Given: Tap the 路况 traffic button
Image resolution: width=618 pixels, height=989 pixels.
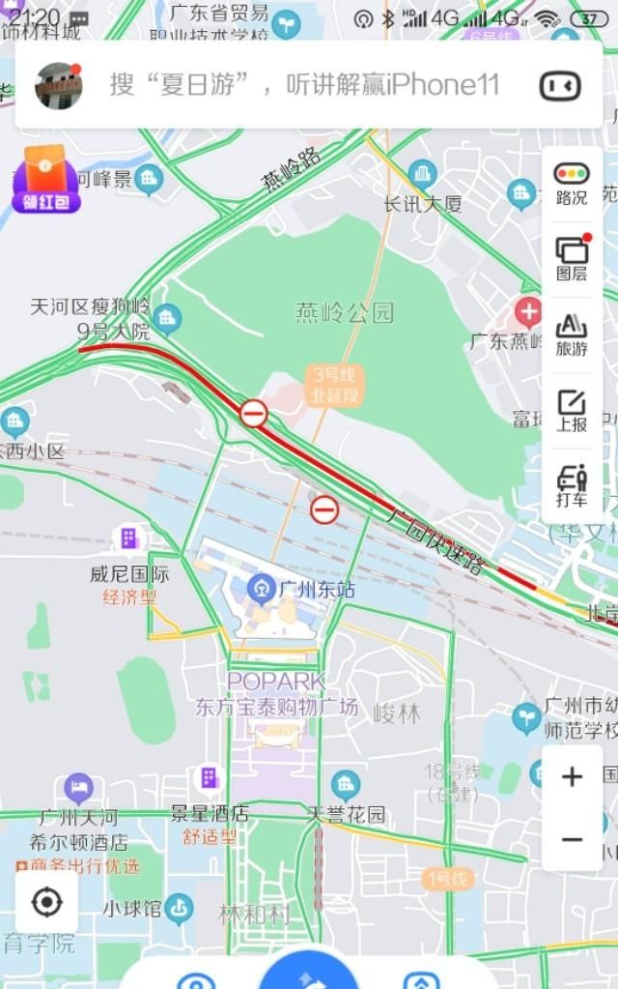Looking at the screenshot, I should click(572, 183).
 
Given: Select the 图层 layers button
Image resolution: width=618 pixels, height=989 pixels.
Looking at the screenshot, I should click(572, 257).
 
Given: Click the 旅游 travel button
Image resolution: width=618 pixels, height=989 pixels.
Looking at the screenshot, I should click(572, 334).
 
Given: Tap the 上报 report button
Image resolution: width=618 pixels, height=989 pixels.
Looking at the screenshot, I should click(572, 409).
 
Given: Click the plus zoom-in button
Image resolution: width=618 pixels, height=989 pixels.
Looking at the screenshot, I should click(572, 776).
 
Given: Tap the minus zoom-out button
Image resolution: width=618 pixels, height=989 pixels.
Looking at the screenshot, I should click(572, 839).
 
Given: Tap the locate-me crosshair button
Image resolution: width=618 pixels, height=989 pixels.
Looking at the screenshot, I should click(46, 903).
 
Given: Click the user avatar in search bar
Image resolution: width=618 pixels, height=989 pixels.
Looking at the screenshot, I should click(58, 85).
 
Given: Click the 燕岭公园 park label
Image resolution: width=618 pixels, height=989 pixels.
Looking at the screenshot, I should click(345, 312).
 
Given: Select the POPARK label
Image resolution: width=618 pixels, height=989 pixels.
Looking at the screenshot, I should click(276, 682).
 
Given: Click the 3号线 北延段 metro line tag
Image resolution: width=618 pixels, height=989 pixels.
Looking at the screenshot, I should click(334, 385).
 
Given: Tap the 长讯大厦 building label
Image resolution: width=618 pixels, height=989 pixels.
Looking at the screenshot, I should click(423, 204).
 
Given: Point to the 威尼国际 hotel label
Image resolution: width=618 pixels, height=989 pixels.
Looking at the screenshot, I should click(129, 573).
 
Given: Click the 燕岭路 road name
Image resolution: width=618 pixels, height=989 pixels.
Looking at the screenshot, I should click(291, 171).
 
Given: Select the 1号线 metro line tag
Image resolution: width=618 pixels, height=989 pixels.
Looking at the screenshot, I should click(448, 879).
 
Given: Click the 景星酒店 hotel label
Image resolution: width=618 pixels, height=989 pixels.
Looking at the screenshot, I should click(210, 813).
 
